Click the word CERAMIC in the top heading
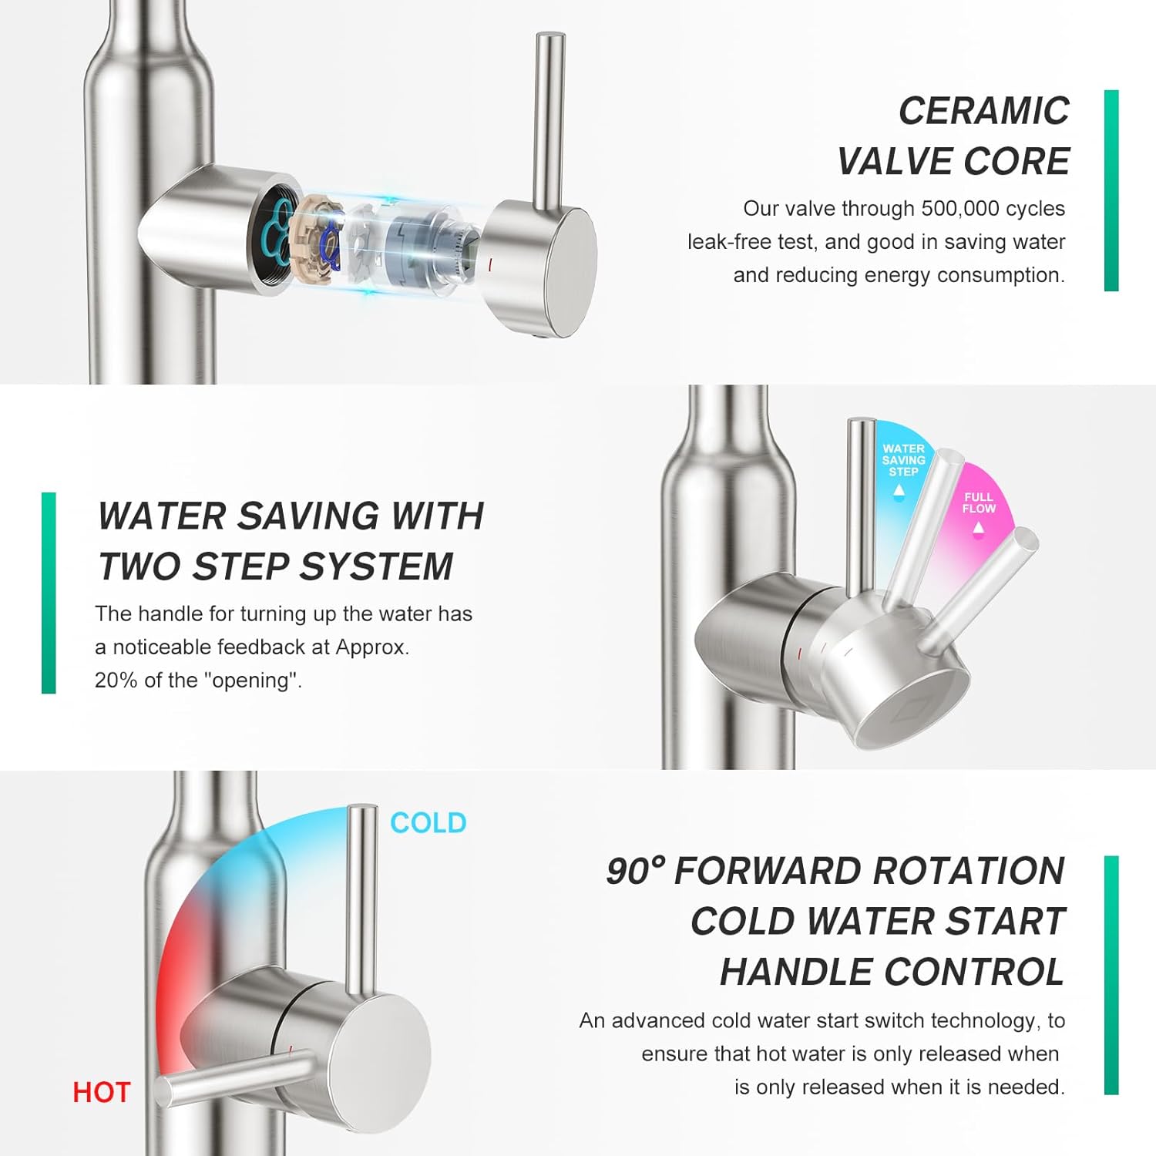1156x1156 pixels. tap(984, 111)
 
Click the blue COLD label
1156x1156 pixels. tap(428, 823)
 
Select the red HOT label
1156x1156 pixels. tap(102, 1092)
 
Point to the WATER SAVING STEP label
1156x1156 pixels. tap(903, 460)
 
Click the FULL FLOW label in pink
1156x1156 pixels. tap(979, 502)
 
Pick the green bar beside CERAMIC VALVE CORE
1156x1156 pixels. tap(1111, 191)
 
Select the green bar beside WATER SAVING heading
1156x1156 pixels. tap(49, 593)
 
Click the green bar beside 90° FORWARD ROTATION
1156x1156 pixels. tap(1111, 975)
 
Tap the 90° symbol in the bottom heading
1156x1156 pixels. tap(635, 872)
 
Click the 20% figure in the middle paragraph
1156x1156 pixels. tap(115, 680)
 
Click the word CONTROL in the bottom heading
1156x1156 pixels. tap(975, 972)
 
